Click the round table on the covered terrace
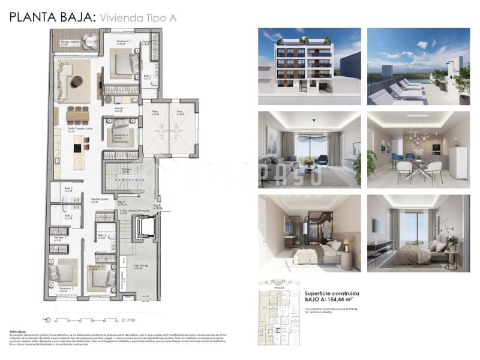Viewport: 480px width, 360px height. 89,41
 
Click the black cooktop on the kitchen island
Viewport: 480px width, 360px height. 78,147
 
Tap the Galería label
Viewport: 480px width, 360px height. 119,110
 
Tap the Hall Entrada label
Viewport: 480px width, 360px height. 141,266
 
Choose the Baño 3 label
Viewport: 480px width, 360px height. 101,236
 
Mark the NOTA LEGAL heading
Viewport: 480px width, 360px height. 18,331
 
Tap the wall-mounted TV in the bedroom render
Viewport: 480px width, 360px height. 376,226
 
